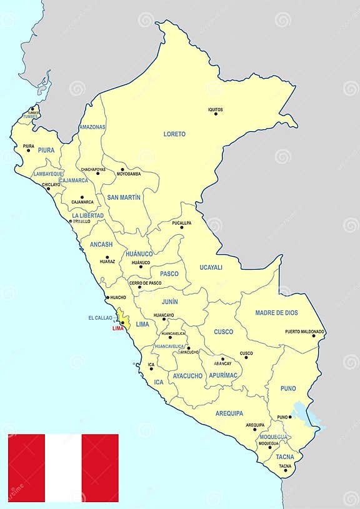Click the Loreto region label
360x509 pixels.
coord(174,134)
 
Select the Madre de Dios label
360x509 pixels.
coord(276,312)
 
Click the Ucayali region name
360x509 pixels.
coord(211,267)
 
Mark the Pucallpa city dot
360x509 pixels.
coord(182,227)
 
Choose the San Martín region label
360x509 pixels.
coord(124,197)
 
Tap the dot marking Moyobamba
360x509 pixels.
coord(122,169)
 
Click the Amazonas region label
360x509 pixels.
coord(92,127)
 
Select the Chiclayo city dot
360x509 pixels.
coord(48,189)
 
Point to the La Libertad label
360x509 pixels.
coord(87,215)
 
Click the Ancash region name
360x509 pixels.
coord(101,244)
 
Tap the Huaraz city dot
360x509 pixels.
coord(107,257)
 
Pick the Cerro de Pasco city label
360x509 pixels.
coord(145,283)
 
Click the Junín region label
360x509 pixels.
coord(169,302)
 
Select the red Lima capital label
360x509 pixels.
coord(117,329)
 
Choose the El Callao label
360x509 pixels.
coord(100,318)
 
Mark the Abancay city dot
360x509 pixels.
coord(222,358)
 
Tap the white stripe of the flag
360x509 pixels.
coord(63,468)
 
